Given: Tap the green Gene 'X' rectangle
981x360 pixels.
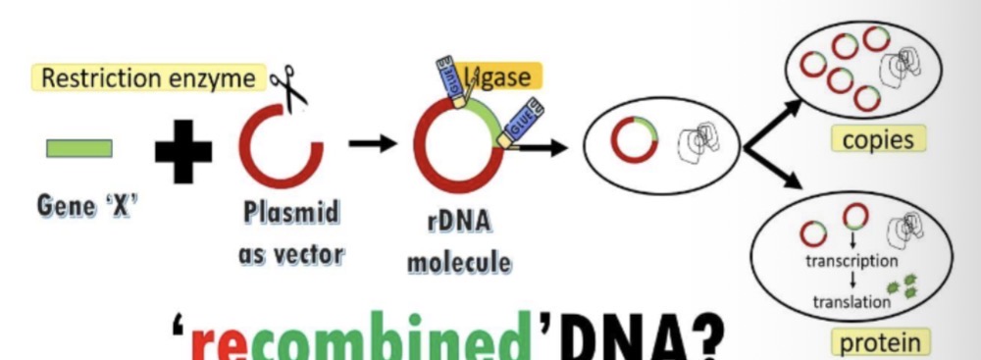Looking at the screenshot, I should click(79, 148).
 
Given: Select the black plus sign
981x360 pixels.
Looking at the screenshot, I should click(183, 149).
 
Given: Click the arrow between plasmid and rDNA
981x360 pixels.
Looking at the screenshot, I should click(372, 144).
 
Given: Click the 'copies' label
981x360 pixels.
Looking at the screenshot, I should click(878, 139).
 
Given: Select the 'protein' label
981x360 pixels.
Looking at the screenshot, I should click(879, 342).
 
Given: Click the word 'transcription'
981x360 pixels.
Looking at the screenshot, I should click(851, 261).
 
